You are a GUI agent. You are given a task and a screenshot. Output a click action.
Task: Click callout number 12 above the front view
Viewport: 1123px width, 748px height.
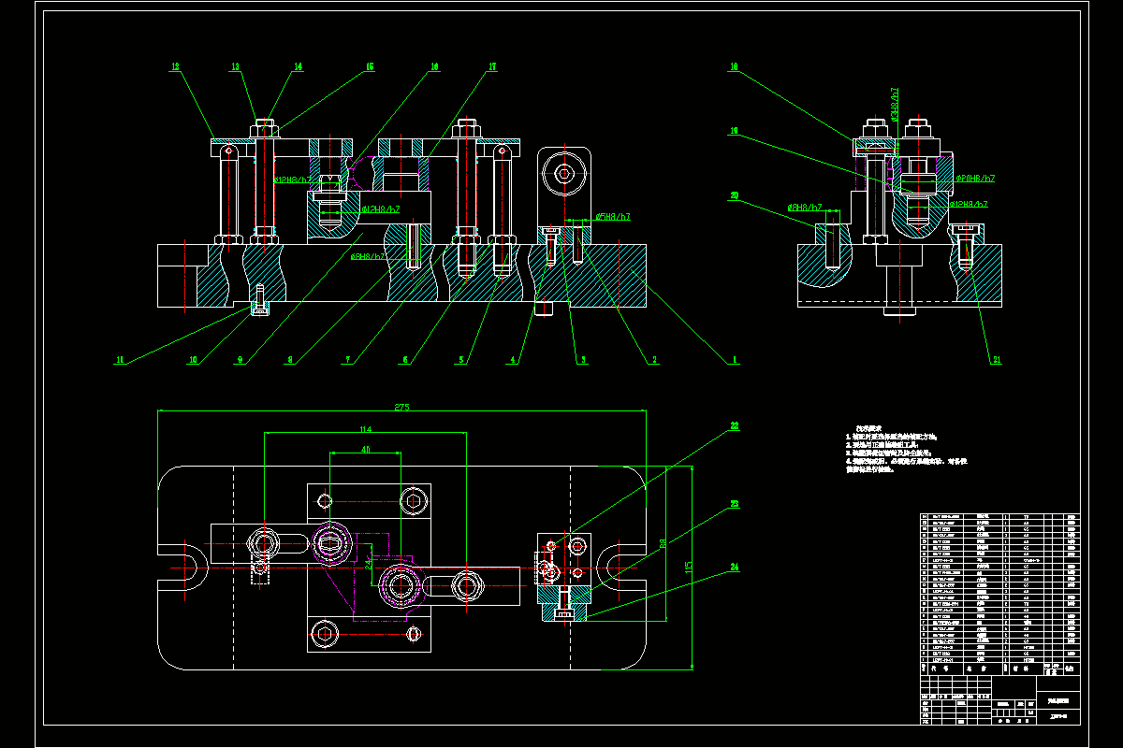point(175,67)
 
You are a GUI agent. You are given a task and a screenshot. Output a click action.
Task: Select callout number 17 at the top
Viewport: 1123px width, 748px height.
point(492,67)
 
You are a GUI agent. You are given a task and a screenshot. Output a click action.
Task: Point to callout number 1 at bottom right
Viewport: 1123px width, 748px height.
point(735,359)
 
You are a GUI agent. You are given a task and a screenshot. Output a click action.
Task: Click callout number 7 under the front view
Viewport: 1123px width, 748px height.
point(345,359)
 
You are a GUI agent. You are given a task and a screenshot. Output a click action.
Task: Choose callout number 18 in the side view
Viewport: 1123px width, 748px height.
point(734,67)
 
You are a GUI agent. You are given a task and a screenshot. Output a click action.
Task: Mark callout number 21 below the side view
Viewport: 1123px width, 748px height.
point(998,359)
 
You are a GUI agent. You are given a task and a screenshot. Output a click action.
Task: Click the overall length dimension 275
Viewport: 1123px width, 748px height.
point(402,408)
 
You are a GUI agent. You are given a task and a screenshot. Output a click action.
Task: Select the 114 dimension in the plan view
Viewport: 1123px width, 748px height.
point(366,429)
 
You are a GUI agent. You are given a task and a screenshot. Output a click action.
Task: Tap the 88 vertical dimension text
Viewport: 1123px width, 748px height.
point(662,542)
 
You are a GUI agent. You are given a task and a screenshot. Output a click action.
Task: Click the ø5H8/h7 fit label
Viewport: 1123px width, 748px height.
point(612,217)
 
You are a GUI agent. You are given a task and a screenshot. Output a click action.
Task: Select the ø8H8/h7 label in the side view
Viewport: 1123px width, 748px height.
point(805,207)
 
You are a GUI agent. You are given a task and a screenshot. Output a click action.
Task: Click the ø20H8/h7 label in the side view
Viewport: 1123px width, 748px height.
point(974,178)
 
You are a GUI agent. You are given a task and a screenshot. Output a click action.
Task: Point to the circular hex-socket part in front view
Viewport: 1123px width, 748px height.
point(564,173)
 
